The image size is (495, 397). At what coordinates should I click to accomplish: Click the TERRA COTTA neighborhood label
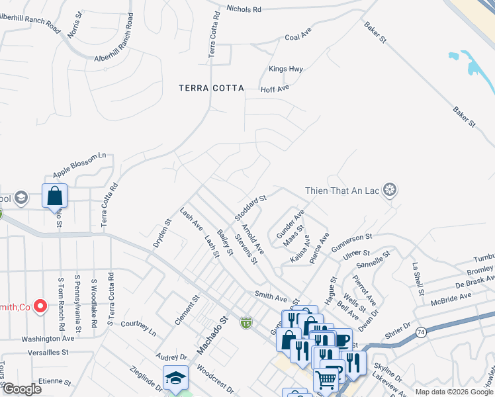click(211, 88)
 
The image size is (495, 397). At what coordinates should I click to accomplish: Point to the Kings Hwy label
click(286, 69)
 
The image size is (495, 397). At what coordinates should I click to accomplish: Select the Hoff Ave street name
click(275, 88)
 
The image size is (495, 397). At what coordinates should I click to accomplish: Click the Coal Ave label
click(298, 37)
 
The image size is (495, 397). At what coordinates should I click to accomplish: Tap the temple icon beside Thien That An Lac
click(390, 191)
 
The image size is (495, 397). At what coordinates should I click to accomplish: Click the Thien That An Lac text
click(343, 191)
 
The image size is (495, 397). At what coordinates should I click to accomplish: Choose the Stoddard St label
click(249, 208)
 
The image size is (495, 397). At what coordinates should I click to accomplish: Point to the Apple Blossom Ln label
click(79, 165)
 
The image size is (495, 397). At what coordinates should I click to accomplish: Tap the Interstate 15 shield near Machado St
click(246, 322)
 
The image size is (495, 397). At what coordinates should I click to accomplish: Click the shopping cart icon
click(326, 380)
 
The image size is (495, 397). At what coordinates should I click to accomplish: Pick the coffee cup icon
click(343, 341)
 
